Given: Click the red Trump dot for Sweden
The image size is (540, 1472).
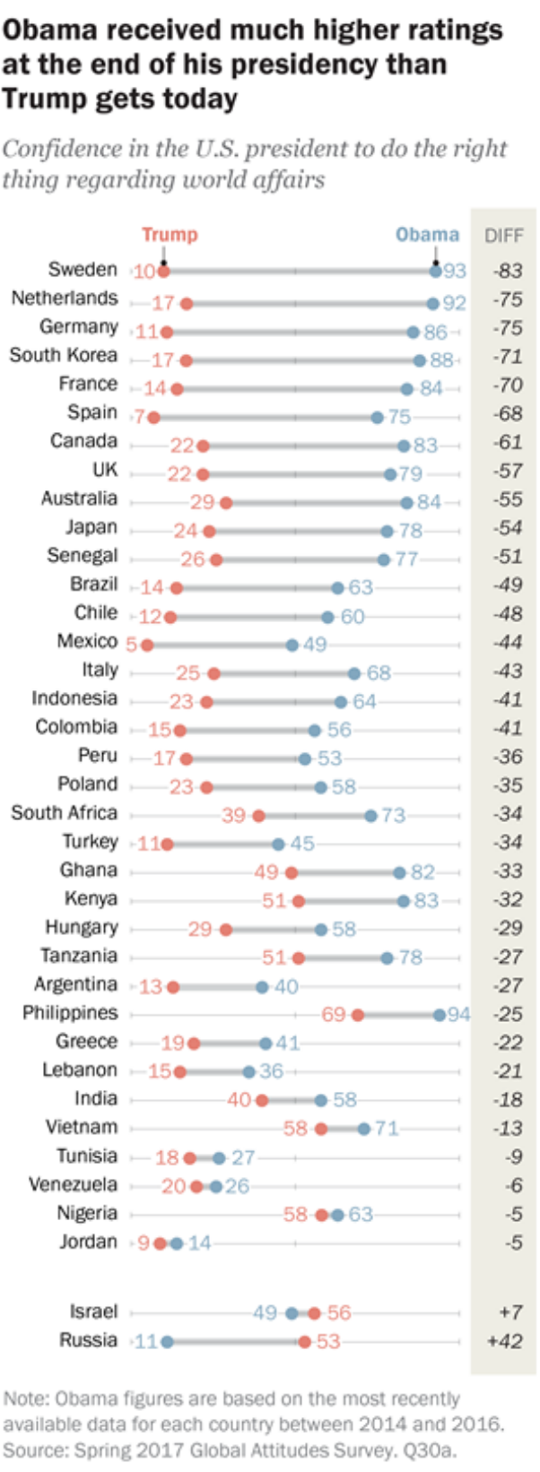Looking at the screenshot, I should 163,271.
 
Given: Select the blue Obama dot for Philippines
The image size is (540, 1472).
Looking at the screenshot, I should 439,1015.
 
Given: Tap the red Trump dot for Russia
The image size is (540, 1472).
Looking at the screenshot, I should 305,1342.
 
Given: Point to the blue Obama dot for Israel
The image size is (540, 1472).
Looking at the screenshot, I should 292,1313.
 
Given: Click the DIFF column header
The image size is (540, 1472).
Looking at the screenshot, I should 503,236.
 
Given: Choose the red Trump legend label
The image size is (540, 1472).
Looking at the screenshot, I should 170,235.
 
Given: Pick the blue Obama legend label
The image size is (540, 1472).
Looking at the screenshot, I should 427,235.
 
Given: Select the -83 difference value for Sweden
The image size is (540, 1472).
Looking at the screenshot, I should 508,271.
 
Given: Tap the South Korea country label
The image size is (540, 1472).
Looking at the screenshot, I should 64,355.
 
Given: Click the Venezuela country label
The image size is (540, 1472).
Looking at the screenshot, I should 73,1184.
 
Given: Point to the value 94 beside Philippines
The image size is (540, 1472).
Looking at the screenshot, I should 458,1015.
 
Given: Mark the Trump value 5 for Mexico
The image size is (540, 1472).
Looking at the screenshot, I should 132,645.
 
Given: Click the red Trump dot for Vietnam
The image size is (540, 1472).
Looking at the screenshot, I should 321,1129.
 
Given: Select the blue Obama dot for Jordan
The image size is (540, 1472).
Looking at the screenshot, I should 177,1243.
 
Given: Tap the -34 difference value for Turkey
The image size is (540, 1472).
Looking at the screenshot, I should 508,843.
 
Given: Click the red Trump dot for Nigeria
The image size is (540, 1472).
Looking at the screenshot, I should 321,1215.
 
